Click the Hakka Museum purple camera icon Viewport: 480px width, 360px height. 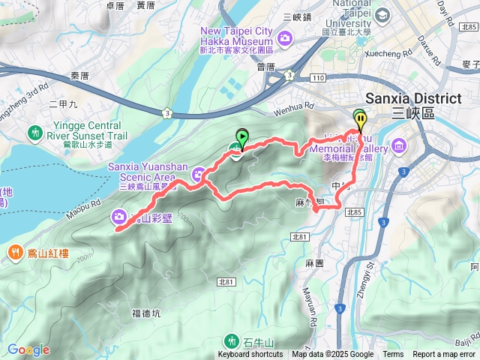pyautogui.click(x=285, y=37)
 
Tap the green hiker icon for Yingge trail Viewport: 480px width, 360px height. pyautogui.click(x=34, y=133)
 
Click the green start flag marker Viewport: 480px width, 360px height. pyautogui.click(x=241, y=137)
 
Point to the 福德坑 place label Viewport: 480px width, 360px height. pyautogui.click(x=146, y=313)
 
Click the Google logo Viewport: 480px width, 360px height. pyautogui.click(x=28, y=349)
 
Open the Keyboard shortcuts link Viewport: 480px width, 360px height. pyautogui.click(x=251, y=355)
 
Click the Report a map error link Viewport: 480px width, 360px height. pyautogui.click(x=445, y=355)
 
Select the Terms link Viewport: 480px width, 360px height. pyautogui.click(x=393, y=355)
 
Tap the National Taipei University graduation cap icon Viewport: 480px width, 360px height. pyautogui.click(x=382, y=16)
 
